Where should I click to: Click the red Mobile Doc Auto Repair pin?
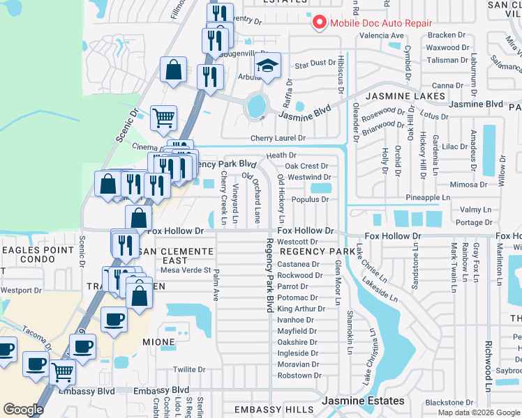click(320, 22)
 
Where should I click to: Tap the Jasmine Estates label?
click(363, 401)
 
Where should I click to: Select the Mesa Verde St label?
click(186, 270)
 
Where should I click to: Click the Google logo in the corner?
click(22, 410)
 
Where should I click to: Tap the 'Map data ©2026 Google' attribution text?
click(479, 412)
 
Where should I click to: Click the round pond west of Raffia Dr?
click(256, 106)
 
